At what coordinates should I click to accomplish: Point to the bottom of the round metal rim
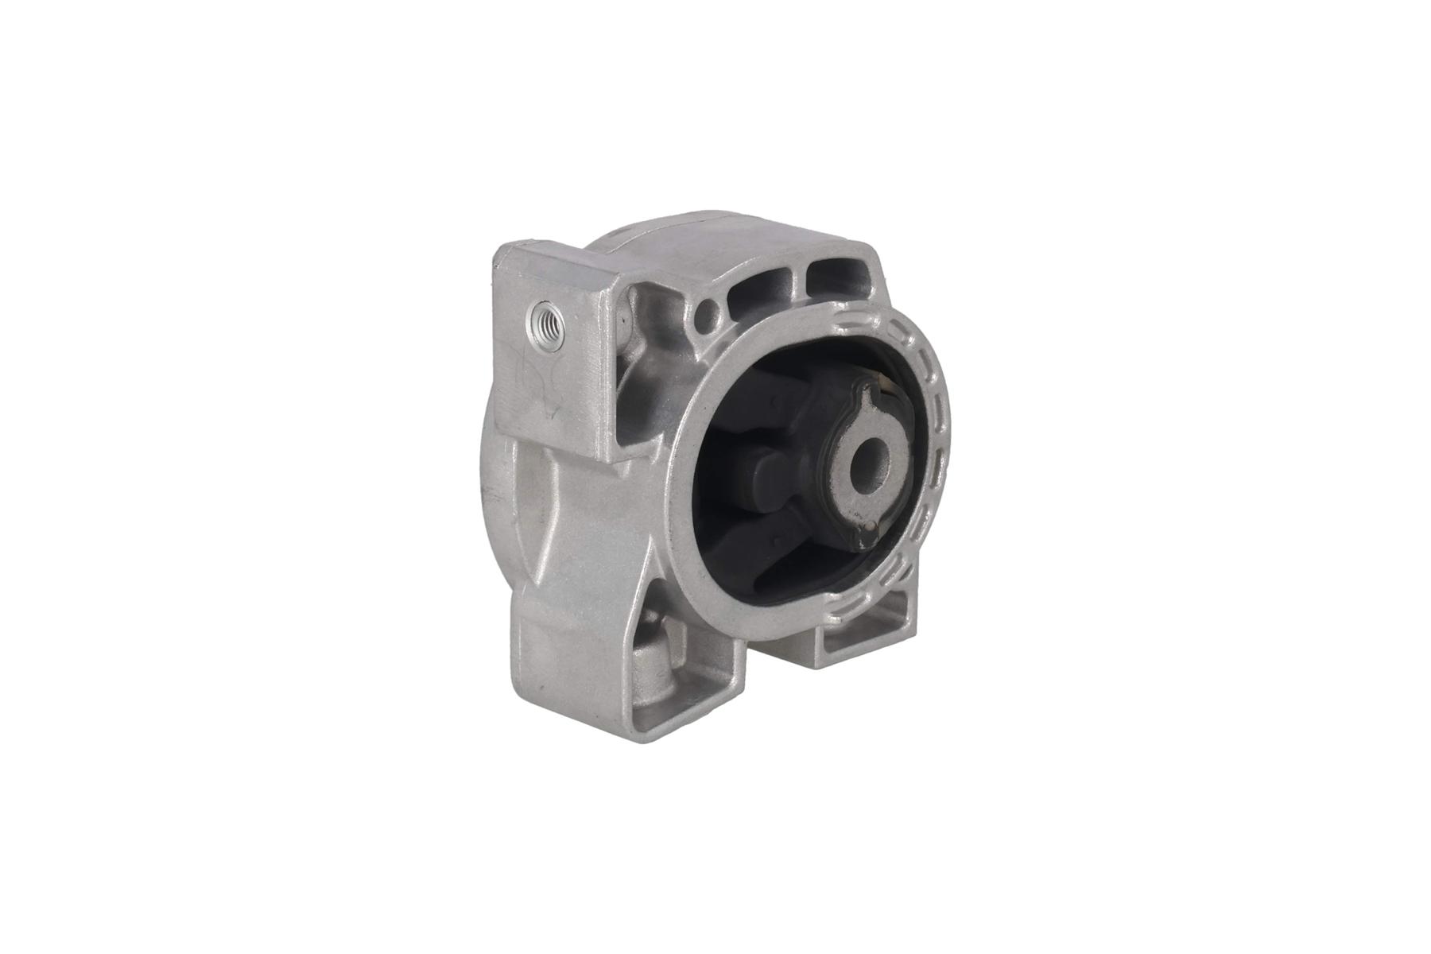[x=787, y=628]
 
